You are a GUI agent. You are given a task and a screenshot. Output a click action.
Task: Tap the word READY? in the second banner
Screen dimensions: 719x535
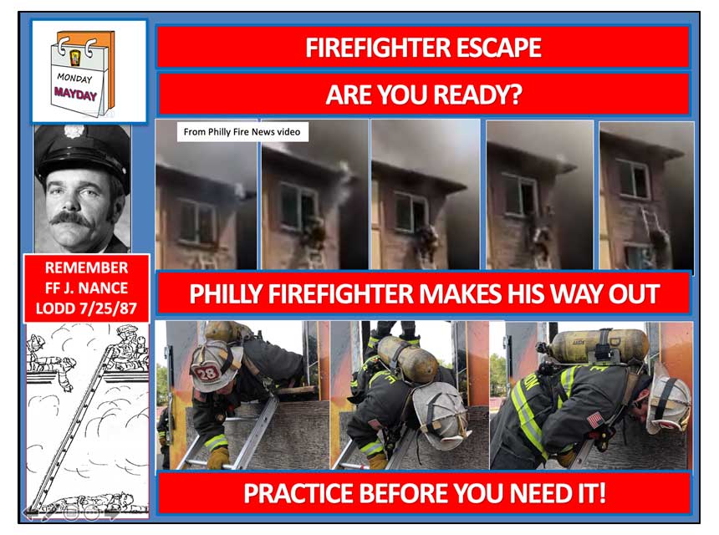point(477,94)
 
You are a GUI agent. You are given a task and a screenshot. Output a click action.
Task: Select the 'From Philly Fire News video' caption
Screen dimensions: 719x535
point(242,132)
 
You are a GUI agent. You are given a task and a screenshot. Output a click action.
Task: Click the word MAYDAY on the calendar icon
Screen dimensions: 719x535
point(75,94)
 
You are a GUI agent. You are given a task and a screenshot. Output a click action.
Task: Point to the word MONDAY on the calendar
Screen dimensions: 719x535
point(74,78)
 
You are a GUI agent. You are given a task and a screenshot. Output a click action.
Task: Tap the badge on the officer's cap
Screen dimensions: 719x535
point(74,131)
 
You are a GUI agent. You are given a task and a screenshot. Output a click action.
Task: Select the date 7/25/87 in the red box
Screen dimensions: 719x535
point(108,308)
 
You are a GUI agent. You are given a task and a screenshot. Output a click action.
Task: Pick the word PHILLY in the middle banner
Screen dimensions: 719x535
point(226,294)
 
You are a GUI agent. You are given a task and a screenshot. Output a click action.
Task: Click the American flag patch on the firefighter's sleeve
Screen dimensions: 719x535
point(594,419)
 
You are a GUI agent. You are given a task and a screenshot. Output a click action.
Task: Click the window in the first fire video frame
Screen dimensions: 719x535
point(197,221)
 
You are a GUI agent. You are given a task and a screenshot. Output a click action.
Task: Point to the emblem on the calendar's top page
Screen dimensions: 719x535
point(75,59)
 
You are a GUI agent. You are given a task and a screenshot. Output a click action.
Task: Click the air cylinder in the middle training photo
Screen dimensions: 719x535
point(407,359)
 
